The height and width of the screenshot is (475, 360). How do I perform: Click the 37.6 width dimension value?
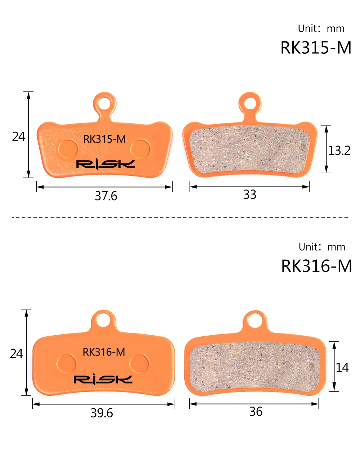pos(106,196)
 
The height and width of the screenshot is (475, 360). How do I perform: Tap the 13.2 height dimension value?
pos(339,151)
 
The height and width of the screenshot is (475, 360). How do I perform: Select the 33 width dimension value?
pos(250,194)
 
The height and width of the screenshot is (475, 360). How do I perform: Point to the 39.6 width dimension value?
pos(102,413)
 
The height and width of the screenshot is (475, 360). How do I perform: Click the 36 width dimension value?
pos(256,411)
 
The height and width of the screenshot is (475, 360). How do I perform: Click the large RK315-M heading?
pos(316,48)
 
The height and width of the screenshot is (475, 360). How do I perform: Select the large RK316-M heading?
pos(316,266)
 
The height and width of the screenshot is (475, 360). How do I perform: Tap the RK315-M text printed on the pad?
pos(104,139)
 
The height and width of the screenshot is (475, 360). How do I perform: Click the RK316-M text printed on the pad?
pos(104,352)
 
